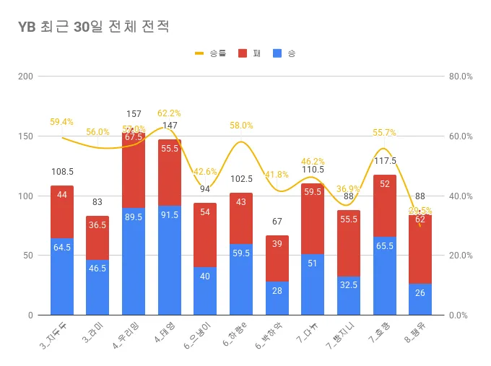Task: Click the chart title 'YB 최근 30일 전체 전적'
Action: point(94,27)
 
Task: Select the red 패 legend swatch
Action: point(242,53)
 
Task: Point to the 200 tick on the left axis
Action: point(25,77)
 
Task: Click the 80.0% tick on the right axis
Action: point(460,77)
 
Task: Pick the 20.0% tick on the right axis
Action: point(460,256)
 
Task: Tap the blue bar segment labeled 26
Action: point(420,299)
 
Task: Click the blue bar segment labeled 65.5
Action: point(384,276)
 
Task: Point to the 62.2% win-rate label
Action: point(169,113)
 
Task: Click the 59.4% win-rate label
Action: point(61,122)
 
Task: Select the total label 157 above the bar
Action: point(134,114)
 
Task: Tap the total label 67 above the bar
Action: point(277,222)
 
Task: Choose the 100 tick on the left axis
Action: point(25,196)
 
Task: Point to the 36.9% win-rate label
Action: point(349,189)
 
